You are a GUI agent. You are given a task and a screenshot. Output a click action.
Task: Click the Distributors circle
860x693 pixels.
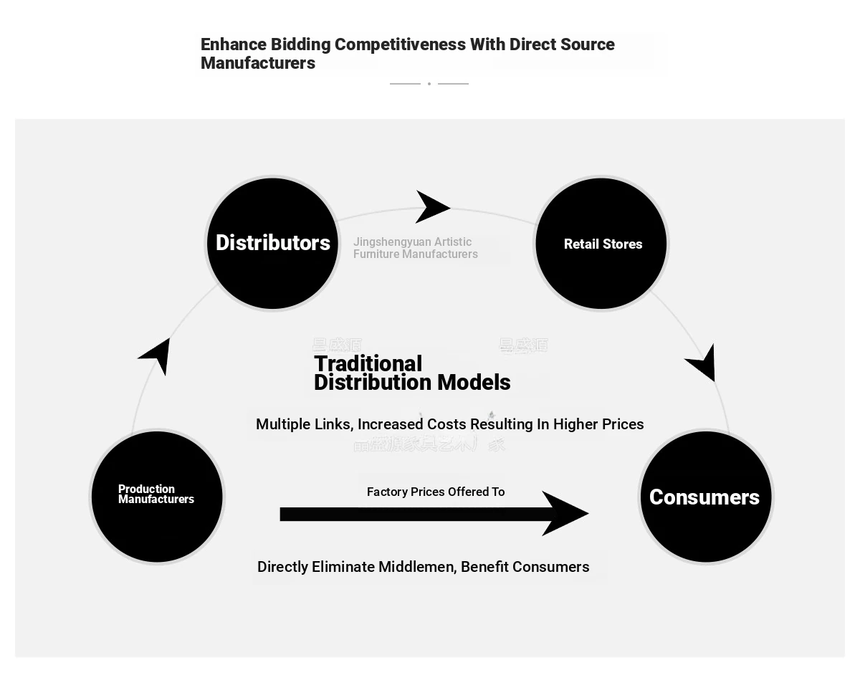coord(272,244)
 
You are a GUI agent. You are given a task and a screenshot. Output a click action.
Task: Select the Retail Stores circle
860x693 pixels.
coord(601,244)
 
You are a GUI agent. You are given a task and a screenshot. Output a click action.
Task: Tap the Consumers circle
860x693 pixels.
coord(705,497)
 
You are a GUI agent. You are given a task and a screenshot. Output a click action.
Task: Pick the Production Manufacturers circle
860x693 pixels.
coord(157,497)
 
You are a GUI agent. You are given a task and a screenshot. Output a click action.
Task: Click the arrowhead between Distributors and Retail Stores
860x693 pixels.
coord(431,207)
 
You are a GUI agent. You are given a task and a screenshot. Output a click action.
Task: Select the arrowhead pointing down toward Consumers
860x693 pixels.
coord(703,363)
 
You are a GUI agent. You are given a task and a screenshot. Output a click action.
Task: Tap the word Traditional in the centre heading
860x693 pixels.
coord(368,364)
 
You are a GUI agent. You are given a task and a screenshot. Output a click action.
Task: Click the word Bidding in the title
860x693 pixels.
coord(300,44)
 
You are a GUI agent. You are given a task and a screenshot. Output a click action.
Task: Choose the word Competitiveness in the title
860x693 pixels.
coord(400,44)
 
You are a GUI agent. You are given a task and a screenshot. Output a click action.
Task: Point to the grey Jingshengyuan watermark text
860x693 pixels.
coord(415,248)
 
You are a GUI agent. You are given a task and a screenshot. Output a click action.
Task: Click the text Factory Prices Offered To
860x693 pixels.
coord(436,492)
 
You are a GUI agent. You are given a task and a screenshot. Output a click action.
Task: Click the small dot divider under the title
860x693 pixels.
coord(429,84)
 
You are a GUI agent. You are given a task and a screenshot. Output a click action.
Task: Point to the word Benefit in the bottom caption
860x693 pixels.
coord(484,567)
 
